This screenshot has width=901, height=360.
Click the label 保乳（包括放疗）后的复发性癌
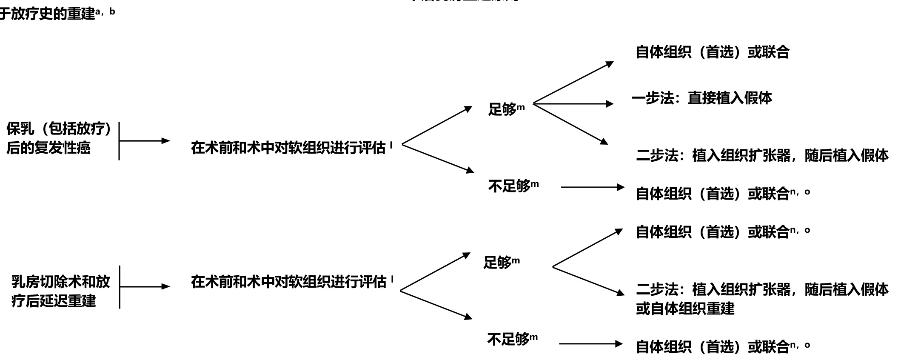[x=59, y=138]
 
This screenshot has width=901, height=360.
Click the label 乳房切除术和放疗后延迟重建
[x=60, y=291]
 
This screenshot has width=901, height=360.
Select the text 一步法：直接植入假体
[x=702, y=98]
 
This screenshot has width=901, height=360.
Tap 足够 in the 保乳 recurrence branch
[x=502, y=109]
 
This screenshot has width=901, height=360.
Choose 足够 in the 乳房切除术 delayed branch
[x=498, y=262]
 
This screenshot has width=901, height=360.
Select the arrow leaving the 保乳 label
[x=145, y=141]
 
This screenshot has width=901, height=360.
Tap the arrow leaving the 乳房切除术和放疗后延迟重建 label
[x=145, y=287]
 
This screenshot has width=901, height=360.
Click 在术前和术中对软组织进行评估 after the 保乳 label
[x=288, y=148]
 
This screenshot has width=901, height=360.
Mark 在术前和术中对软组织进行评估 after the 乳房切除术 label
[x=288, y=282]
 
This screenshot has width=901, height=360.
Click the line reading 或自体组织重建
[x=685, y=309]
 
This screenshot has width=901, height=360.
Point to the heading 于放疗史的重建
[x=47, y=14]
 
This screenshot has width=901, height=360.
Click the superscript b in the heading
[x=112, y=11]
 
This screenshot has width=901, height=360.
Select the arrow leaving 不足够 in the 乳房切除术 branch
[x=590, y=344]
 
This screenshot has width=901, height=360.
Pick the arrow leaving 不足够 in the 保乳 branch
[x=592, y=187]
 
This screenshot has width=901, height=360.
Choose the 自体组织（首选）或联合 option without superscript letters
[x=712, y=52]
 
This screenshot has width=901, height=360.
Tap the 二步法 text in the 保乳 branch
[x=762, y=155]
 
